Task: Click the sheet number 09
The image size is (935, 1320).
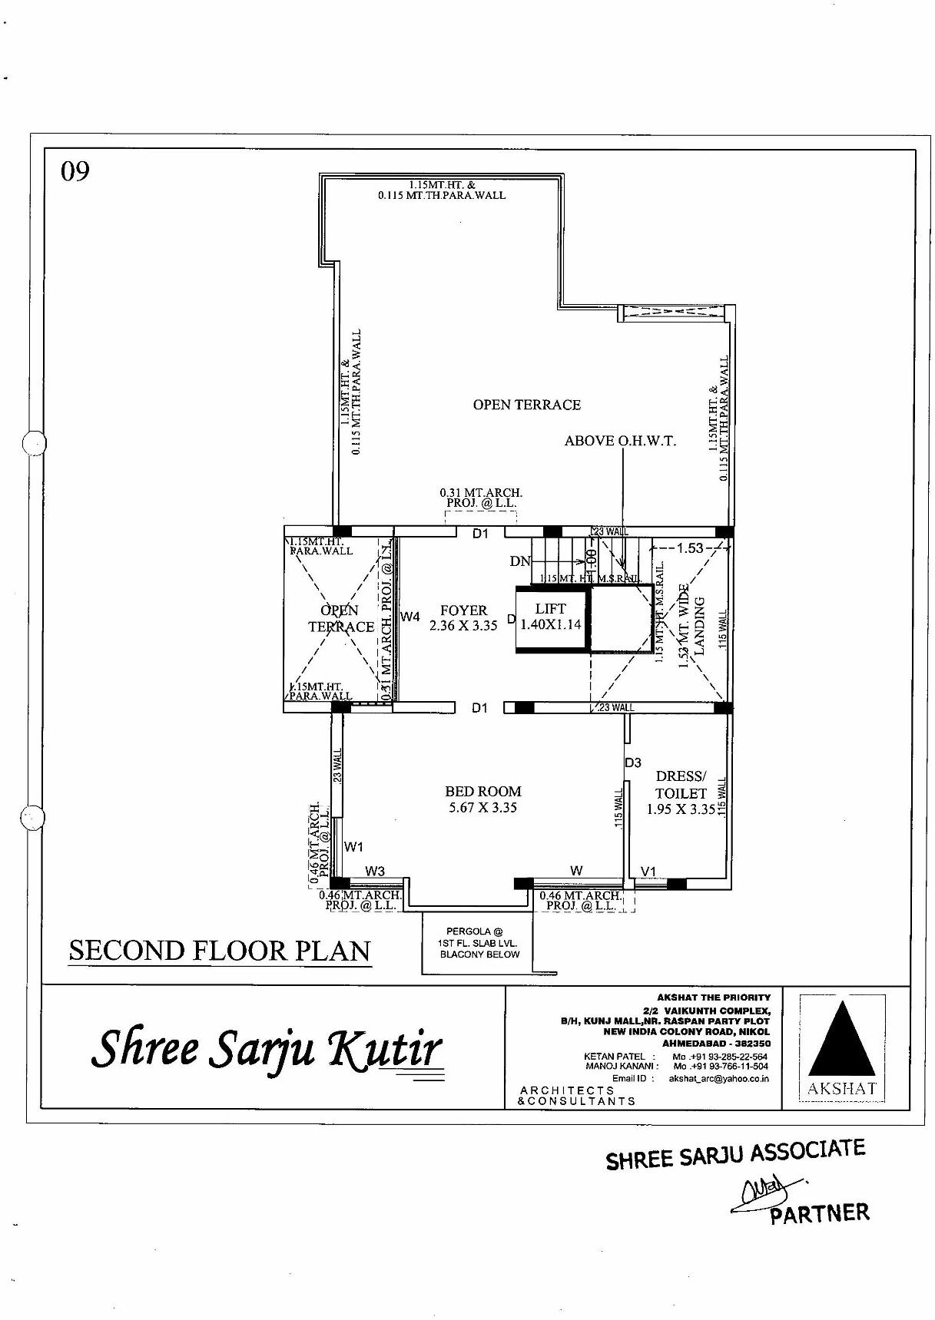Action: [75, 171]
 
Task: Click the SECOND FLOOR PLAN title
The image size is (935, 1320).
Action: [220, 951]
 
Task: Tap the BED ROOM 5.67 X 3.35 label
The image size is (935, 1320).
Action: [482, 799]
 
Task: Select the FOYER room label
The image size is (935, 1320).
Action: [463, 617]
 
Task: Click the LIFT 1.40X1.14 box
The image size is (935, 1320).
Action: [551, 617]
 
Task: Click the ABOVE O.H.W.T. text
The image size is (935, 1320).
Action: [620, 441]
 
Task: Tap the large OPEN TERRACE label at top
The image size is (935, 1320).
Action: [526, 405]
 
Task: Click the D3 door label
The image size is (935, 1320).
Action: [633, 763]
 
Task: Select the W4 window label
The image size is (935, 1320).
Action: [410, 617]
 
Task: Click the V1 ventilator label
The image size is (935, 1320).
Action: [649, 871]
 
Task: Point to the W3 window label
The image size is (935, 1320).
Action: [375, 871]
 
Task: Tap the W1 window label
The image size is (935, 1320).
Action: [353, 847]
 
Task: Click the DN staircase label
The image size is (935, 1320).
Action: [520, 561]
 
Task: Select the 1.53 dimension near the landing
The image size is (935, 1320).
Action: [690, 548]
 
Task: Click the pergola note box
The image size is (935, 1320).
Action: [479, 943]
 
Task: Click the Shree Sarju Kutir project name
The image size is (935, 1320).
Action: [267, 1048]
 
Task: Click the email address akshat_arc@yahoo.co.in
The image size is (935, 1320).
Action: [718, 1078]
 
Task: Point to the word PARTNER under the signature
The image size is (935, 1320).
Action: [820, 1214]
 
